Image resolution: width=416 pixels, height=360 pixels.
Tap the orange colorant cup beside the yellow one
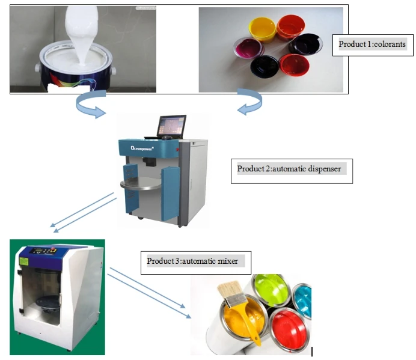click(290, 26)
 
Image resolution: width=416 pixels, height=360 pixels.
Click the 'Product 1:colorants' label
click(372, 44)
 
